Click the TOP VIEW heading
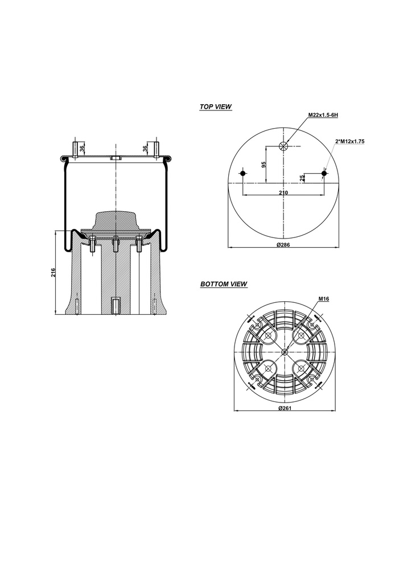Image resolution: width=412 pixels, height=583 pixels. pyautogui.click(x=216, y=106)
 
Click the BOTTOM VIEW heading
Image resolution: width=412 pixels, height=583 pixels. pyautogui.click(x=224, y=284)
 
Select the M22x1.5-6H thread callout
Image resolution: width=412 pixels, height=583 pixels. pyautogui.click(x=323, y=115)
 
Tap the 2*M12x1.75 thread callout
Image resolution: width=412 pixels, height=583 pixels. pyautogui.click(x=349, y=141)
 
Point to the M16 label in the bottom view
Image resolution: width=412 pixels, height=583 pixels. pyautogui.click(x=324, y=298)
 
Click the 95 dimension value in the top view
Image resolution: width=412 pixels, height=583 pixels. pyautogui.click(x=264, y=165)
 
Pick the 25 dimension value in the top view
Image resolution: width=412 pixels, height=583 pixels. pyautogui.click(x=302, y=178)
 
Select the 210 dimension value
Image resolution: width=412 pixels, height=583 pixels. pyautogui.click(x=283, y=192)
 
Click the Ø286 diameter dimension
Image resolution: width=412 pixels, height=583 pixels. pyautogui.click(x=283, y=244)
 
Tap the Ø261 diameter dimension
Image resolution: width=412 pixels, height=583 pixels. pyautogui.click(x=285, y=408)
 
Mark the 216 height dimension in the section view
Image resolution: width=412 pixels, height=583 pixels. pyautogui.click(x=53, y=272)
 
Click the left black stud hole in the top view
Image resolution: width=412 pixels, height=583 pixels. pyautogui.click(x=243, y=173)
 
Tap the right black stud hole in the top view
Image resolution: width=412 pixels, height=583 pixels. pyautogui.click(x=324, y=173)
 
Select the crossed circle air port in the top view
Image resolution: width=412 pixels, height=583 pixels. pyautogui.click(x=283, y=146)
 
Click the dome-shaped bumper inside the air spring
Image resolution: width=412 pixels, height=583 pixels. pyautogui.click(x=116, y=220)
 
